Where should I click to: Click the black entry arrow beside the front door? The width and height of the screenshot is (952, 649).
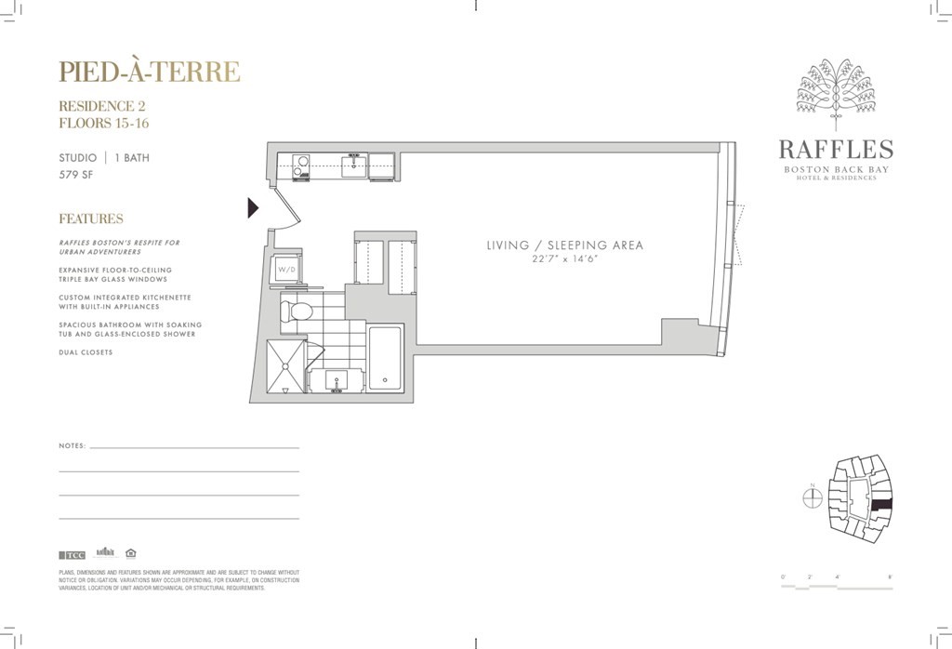[x=252, y=208]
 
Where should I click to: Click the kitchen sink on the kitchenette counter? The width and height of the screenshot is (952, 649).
[x=353, y=167]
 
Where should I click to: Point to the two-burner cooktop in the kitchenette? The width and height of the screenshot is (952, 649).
[x=301, y=166]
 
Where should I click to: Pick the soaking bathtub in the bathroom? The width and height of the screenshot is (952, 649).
[x=385, y=357]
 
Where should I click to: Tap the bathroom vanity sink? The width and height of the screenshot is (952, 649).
[x=336, y=379]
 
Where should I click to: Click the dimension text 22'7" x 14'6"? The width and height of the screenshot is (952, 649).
[x=564, y=258]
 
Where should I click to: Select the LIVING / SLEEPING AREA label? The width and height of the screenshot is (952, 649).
[x=564, y=245]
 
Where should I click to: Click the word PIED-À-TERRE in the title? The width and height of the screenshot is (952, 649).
[x=150, y=72]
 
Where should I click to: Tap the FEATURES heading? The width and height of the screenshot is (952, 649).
[x=91, y=219]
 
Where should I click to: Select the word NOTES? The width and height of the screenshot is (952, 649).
[x=73, y=445]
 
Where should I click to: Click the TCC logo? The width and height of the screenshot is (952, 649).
[x=73, y=555]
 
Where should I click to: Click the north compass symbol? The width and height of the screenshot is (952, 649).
[x=812, y=497]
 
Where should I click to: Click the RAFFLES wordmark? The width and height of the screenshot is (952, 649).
[x=835, y=150]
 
